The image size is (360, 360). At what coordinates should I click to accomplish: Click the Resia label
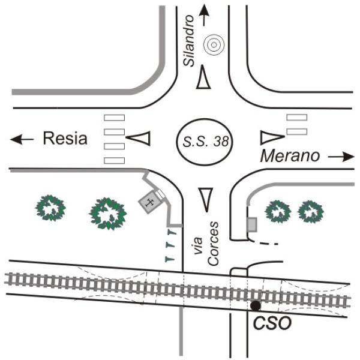click(65, 138)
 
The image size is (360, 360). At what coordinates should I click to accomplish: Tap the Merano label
click(290, 156)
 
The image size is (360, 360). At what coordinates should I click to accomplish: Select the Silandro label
click(189, 41)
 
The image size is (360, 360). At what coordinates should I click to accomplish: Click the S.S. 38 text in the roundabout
click(205, 142)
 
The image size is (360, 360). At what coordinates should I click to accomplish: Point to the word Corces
click(213, 244)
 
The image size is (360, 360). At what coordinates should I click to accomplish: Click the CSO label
click(272, 323)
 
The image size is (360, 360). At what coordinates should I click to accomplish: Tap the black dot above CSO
click(256, 305)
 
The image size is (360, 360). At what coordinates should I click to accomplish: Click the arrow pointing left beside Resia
click(22, 139)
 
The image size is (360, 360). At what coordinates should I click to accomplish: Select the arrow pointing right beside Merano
click(341, 157)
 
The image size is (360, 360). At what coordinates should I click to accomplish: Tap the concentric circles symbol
click(214, 45)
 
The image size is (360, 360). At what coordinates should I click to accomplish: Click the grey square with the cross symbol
click(149, 202)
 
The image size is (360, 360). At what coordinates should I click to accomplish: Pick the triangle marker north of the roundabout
click(203, 77)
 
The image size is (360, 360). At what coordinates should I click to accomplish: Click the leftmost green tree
click(50, 208)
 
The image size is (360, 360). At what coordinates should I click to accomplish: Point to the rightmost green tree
click(311, 212)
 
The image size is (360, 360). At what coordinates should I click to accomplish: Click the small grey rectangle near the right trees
click(252, 225)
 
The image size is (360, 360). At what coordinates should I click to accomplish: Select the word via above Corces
click(197, 245)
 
